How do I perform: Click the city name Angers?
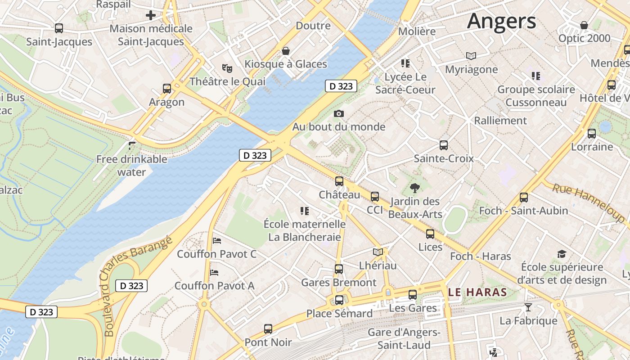[501, 21]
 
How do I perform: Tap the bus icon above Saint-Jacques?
[59, 28]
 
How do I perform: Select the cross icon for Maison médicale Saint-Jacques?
[150, 16]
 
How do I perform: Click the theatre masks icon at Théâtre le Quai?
[227, 68]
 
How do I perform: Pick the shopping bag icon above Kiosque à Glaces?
[285, 51]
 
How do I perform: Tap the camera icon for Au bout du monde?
[339, 113]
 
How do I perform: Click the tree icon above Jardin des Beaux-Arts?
[415, 188]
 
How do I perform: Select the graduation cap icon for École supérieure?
[562, 254]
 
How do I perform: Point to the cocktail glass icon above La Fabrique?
[528, 307]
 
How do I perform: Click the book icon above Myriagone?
[471, 56]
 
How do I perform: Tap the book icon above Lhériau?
[378, 252]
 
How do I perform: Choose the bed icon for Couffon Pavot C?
[217, 241]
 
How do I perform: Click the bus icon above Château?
[339, 181]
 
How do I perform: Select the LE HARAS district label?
[478, 292]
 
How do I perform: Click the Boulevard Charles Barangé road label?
[137, 285]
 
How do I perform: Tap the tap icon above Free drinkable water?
[132, 145]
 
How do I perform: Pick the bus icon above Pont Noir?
[268, 329]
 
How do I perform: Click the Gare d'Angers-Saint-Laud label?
[404, 339]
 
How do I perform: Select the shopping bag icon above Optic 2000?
[584, 25]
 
